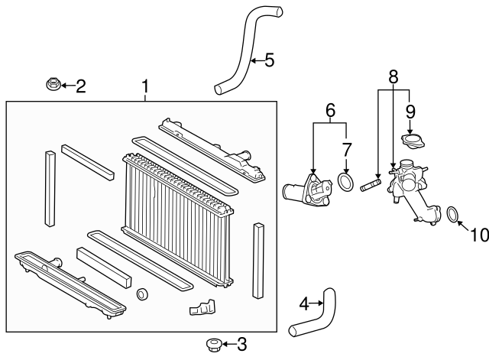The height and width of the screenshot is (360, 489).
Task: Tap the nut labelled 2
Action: pos(53,85)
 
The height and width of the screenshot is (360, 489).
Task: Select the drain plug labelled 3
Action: pos(214,345)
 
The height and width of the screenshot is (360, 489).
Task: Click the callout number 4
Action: pos(304,304)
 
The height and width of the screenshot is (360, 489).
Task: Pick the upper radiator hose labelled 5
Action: pos(246,50)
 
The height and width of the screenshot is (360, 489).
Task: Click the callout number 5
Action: pos(269,60)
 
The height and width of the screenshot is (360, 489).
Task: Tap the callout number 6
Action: pos(330,110)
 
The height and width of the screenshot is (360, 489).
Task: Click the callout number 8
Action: pos(393,76)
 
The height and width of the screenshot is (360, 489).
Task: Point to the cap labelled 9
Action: pos(413,141)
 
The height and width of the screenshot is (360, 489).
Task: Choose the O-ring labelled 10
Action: pos(452,215)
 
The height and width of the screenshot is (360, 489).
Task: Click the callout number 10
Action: pos(480,235)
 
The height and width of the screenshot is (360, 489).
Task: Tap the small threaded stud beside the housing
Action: pos(371,184)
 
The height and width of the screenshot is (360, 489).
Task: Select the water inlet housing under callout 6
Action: pos(308,190)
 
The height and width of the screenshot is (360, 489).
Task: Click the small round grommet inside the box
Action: pos(143,294)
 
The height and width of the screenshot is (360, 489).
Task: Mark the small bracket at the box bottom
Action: pos(202,307)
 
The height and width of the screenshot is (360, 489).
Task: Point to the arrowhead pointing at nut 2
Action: pos(63,85)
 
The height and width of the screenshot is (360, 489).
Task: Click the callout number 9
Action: pos(410,112)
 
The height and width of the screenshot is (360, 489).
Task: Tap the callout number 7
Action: pos(347,150)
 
